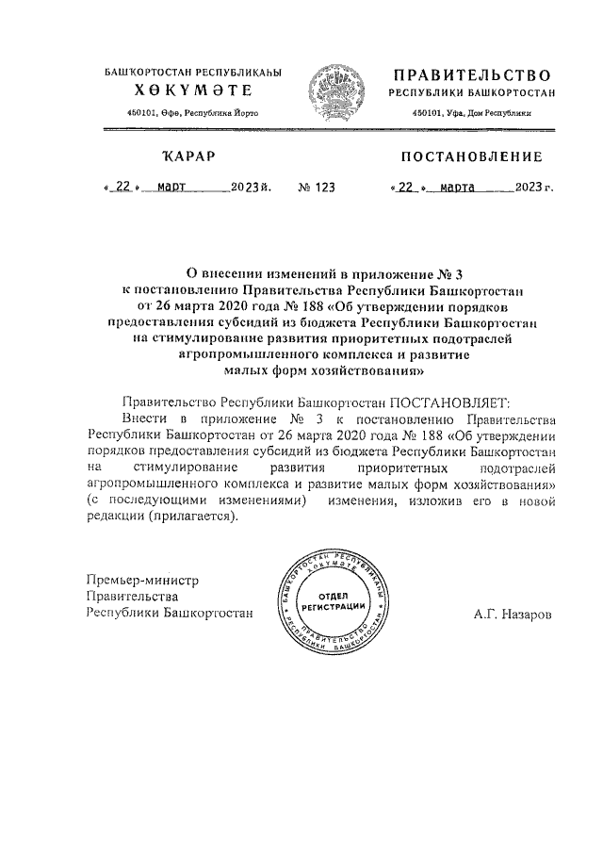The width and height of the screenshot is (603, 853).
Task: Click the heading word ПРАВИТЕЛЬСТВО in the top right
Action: pos(470,74)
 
